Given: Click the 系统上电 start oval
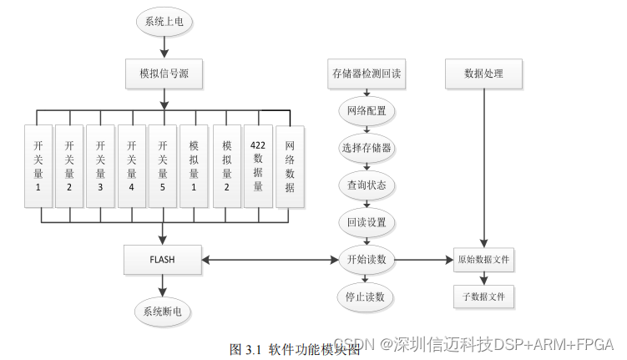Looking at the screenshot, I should click(164, 23).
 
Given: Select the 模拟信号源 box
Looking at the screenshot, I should click(164, 74).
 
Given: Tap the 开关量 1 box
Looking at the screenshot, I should click(38, 165).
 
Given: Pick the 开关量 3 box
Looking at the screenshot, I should click(101, 165).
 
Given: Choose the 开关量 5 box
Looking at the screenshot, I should click(164, 165).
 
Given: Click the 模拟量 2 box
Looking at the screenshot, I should click(226, 165).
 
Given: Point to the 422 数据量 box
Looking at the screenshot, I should click(258, 165).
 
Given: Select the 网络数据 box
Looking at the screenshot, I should click(289, 165).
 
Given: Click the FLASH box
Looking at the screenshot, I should click(162, 260).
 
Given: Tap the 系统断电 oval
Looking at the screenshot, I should click(163, 312).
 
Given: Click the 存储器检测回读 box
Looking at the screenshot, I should click(367, 74).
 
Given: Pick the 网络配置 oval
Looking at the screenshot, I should click(367, 111).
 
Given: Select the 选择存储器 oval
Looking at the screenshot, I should click(367, 148).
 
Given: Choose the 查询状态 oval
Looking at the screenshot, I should click(367, 185).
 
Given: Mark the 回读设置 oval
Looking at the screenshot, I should click(367, 222).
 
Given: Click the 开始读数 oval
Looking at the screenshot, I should click(367, 260).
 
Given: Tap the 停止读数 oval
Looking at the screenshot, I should click(367, 297).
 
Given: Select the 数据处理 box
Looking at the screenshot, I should click(484, 74).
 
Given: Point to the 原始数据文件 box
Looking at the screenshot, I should click(483, 260).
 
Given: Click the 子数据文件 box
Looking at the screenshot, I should click(483, 296).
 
